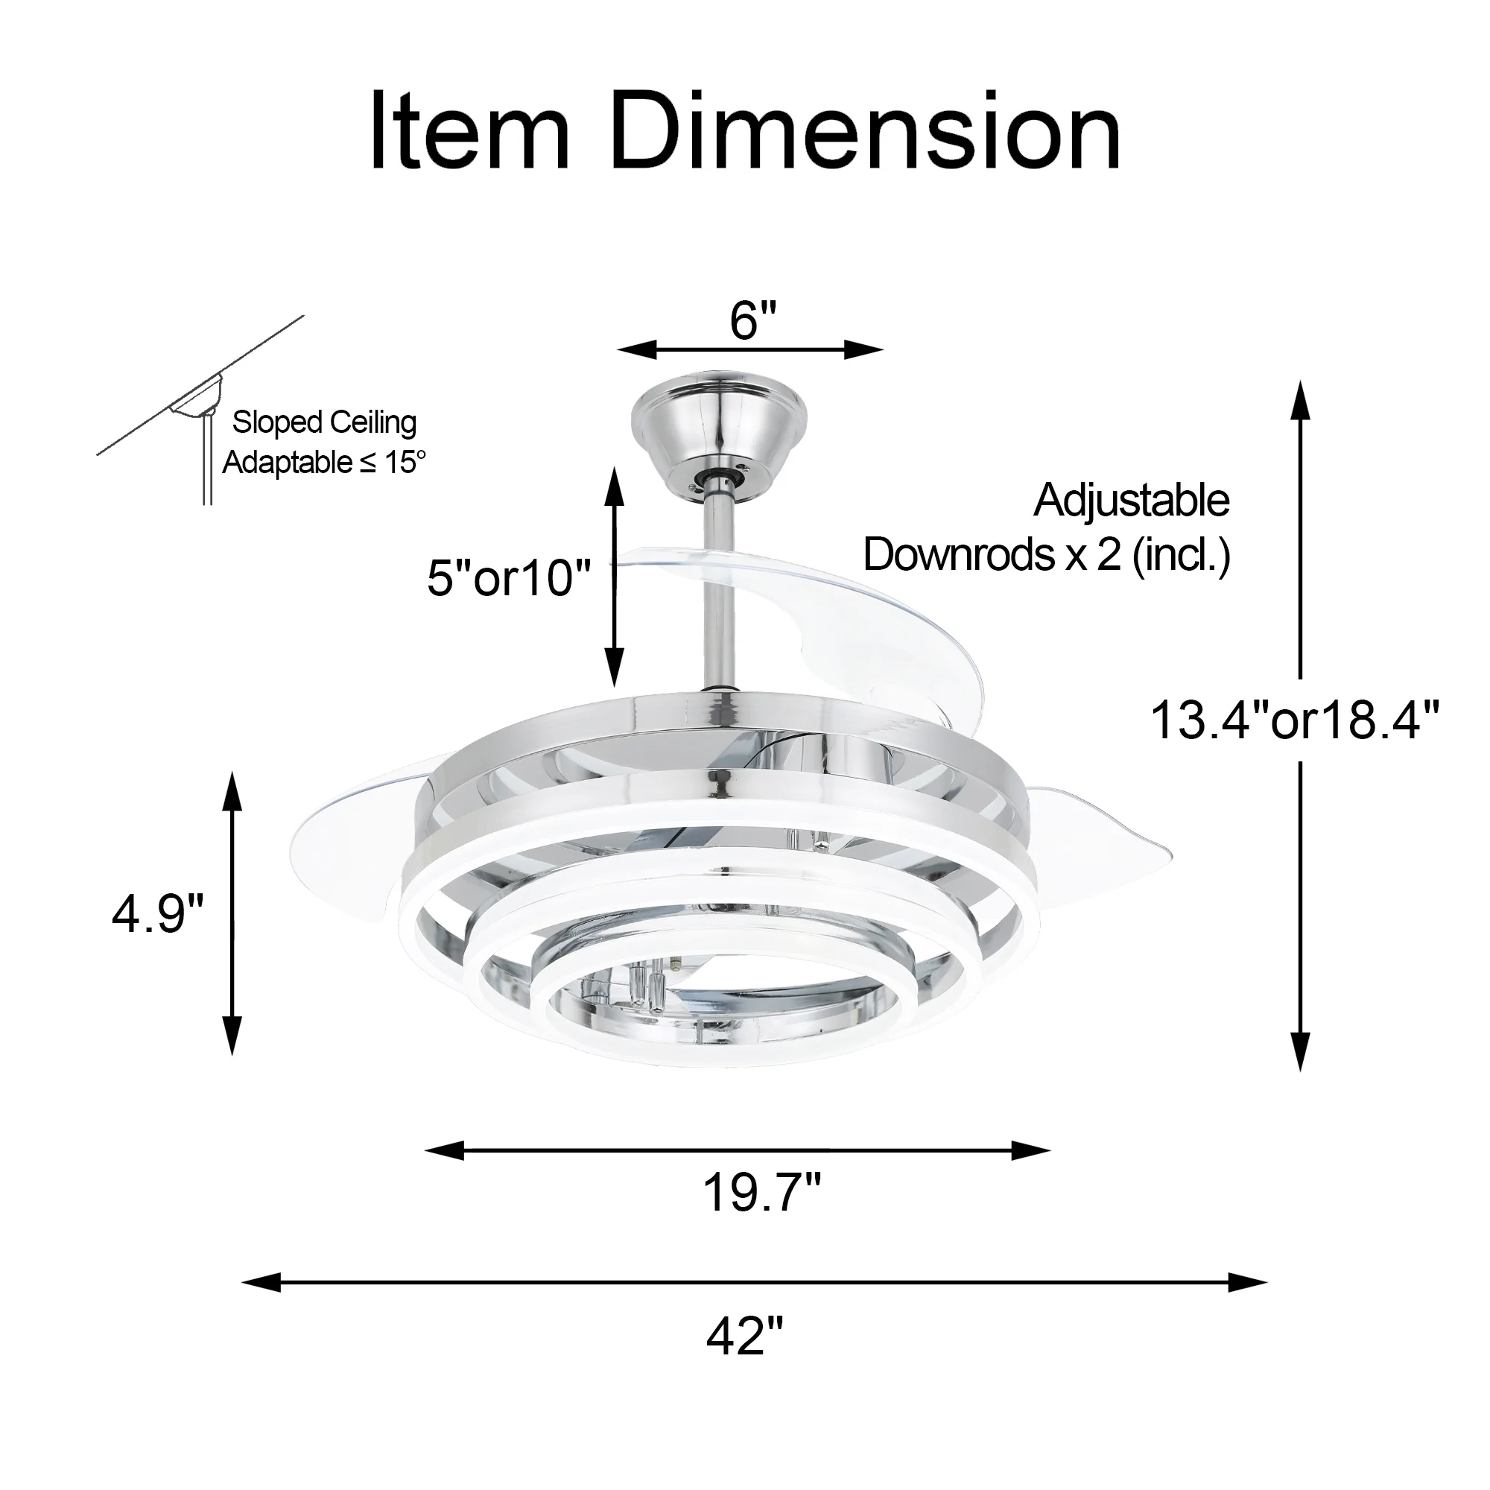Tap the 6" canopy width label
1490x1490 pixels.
752,320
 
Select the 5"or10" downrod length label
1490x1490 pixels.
508,577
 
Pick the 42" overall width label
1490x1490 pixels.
744,1336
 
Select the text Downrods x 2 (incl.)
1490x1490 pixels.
1047,554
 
